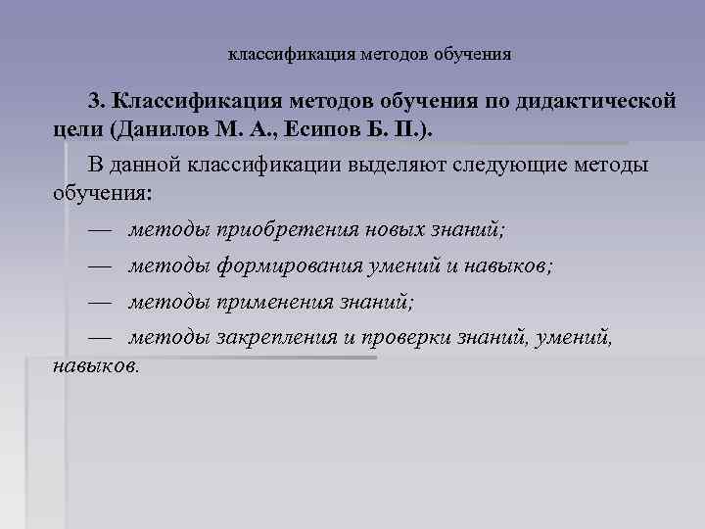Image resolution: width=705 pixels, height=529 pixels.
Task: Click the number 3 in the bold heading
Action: point(94,101)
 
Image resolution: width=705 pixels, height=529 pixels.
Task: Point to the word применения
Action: point(272,302)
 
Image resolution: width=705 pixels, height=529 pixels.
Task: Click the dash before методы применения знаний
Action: point(100,302)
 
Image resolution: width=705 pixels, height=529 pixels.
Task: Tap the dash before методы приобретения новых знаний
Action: point(100,231)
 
